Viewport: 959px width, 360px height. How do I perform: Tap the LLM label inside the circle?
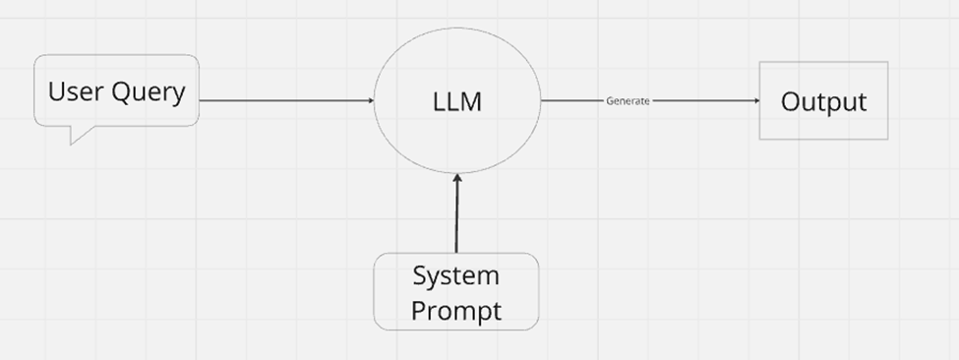(457, 101)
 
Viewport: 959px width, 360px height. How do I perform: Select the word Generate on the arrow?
(627, 101)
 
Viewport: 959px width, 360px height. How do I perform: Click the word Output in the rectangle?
(823, 101)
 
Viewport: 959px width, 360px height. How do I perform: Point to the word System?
(455, 275)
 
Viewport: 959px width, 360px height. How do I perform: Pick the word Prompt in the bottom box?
(455, 311)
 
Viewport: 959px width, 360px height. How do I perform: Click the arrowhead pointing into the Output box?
(755, 100)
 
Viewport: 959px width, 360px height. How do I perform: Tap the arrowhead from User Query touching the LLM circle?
(370, 100)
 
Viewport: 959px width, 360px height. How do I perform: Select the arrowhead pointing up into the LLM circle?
(456, 178)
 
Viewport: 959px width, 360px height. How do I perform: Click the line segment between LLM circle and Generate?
(572, 100)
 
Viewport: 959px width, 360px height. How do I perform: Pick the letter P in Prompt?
(418, 311)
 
